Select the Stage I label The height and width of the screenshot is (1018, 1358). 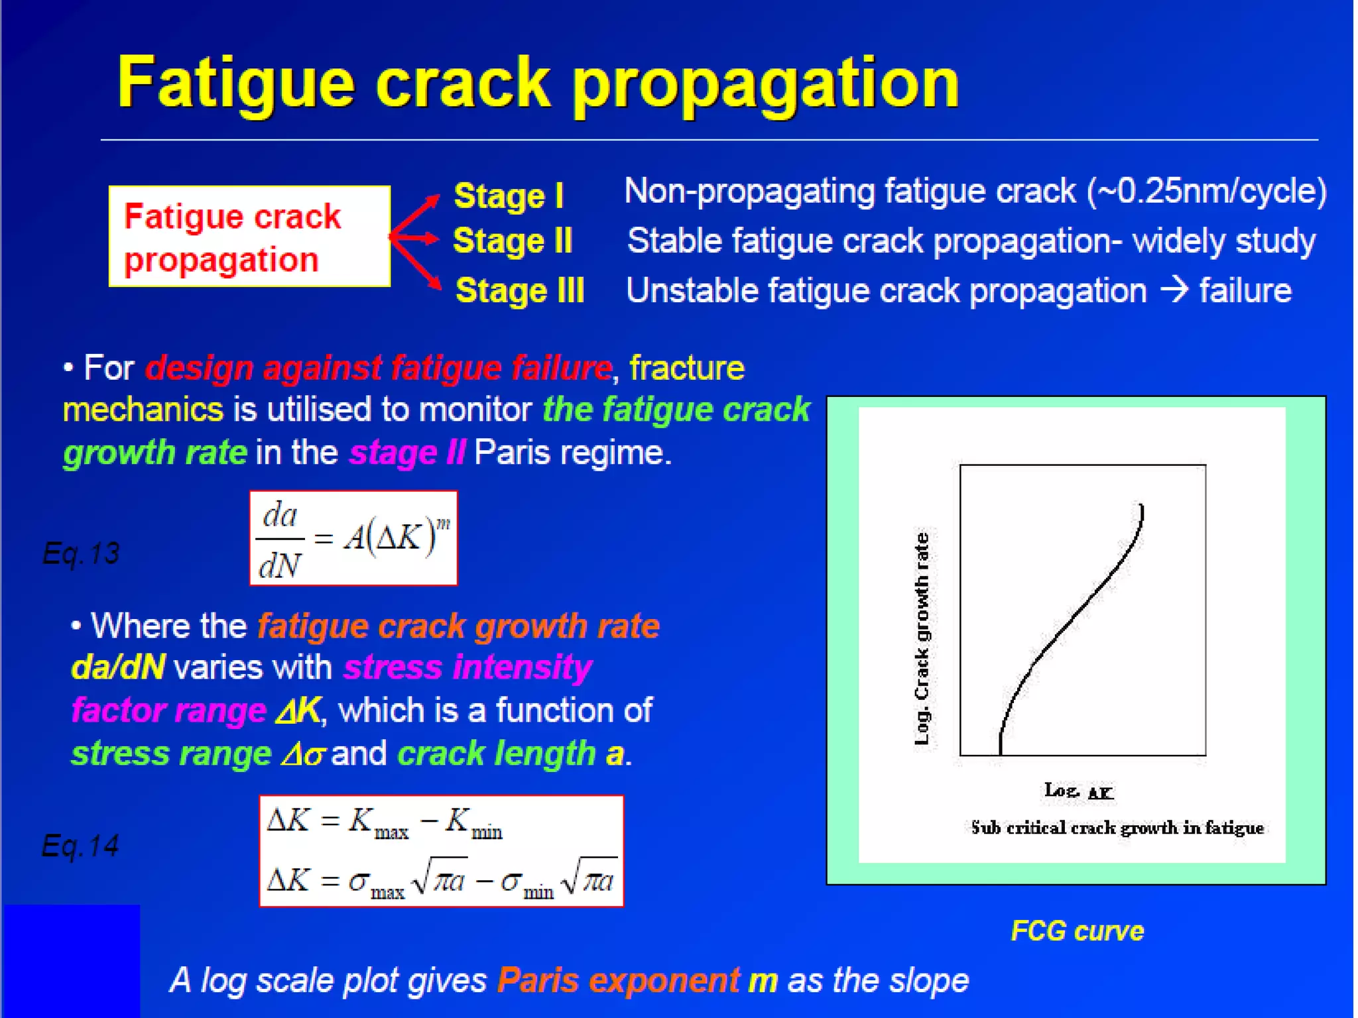click(x=508, y=196)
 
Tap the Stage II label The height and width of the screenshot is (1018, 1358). click(x=512, y=241)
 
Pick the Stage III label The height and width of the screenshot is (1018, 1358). click(x=519, y=291)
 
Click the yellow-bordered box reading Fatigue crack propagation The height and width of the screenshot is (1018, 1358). click(x=249, y=237)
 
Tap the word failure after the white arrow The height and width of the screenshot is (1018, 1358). click(x=1245, y=291)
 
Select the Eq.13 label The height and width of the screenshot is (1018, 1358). click(x=81, y=553)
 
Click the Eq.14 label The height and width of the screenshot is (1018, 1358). click(x=80, y=846)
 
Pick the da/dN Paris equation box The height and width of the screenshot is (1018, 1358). click(x=353, y=538)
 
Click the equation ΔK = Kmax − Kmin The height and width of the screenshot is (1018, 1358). click(x=385, y=823)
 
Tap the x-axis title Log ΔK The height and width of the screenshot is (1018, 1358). click(x=1079, y=791)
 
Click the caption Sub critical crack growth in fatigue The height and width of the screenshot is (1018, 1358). click(x=1117, y=828)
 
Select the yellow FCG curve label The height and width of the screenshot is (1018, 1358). click(x=1077, y=931)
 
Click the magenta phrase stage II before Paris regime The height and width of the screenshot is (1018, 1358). click(x=407, y=453)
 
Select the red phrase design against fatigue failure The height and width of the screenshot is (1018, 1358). click(x=378, y=368)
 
